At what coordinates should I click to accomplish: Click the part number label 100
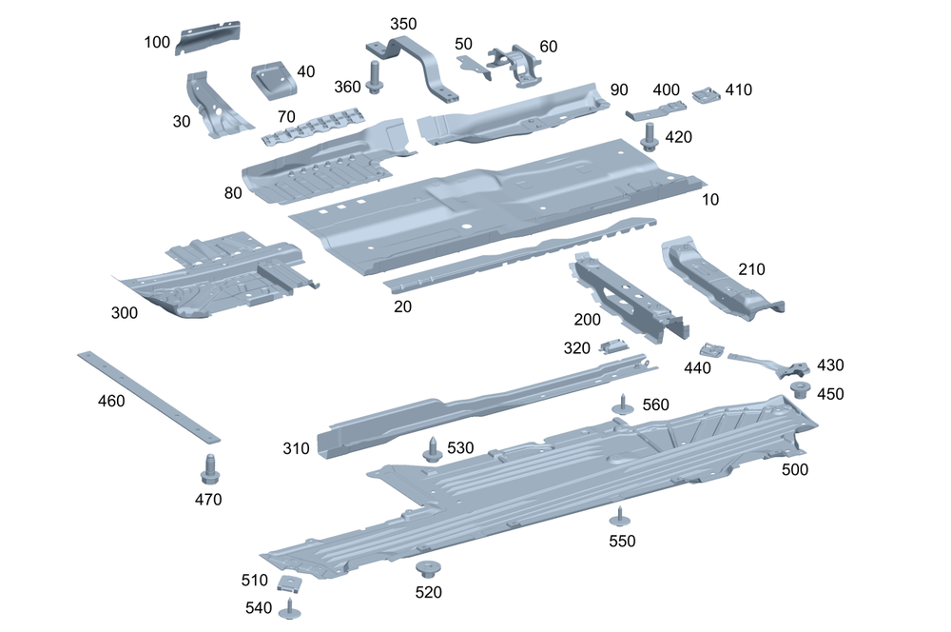point(157,42)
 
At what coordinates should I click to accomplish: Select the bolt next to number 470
point(209,469)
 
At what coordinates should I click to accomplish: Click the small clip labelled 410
point(706,93)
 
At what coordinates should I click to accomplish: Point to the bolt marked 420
point(650,136)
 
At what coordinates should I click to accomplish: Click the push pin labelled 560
point(623,404)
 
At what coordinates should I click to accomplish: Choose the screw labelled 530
point(433,448)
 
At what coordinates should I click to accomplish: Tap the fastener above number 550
point(621,517)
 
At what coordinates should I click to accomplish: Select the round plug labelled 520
point(427,571)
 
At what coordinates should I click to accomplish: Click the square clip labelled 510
point(289,583)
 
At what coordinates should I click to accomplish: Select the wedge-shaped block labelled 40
point(274,80)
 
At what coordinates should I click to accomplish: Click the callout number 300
point(124,312)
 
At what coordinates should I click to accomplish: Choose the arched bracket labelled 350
point(415,63)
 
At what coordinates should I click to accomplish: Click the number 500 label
point(796,469)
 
